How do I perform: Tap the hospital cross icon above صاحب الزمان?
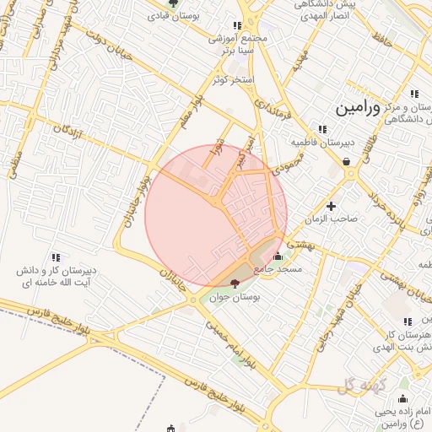(x=331, y=205)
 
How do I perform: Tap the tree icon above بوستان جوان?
(x=235, y=283)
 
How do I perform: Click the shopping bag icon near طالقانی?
(x=347, y=163)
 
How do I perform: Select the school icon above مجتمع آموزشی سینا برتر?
(x=237, y=26)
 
